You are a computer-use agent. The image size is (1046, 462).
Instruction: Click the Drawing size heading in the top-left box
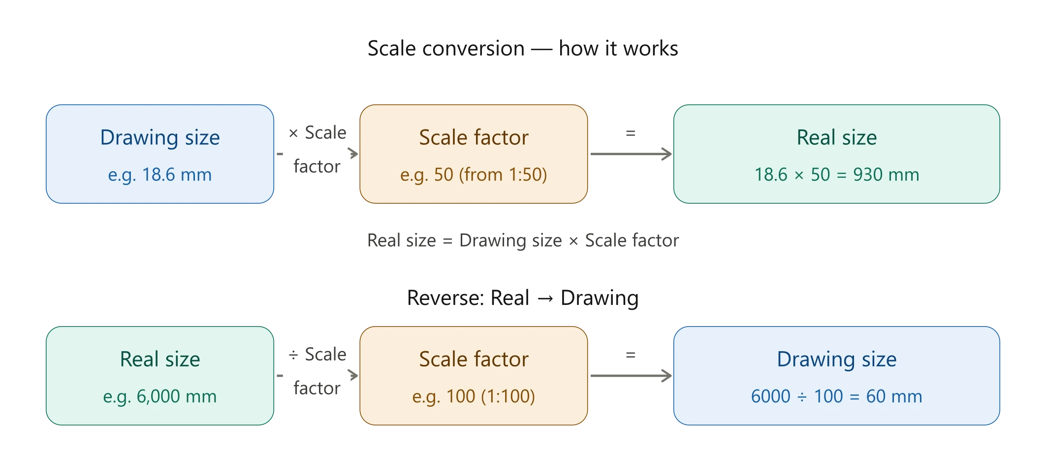160,137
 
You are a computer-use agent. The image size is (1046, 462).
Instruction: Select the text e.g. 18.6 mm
160,175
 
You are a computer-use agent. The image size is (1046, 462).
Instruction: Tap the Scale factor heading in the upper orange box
474,137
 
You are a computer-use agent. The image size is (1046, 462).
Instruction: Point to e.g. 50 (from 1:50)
474,175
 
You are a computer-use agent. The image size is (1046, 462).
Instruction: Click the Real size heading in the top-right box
836,137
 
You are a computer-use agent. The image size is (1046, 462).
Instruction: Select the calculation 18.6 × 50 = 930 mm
836,175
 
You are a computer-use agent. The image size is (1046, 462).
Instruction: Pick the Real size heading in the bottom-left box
160,359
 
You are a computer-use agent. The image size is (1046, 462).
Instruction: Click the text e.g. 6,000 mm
160,396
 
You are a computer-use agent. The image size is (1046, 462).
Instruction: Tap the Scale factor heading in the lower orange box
474,359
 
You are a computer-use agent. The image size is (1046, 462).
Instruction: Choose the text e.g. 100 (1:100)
474,396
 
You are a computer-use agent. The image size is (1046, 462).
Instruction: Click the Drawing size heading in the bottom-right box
836,359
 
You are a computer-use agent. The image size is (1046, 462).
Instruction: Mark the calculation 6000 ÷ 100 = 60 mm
836,396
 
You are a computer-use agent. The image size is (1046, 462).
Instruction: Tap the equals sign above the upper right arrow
632,133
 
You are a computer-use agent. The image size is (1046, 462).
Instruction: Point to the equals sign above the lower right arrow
632,354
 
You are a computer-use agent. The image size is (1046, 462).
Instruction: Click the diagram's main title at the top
523,50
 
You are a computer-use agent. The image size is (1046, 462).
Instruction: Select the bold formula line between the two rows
523,241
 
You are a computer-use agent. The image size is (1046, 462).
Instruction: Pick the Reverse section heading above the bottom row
522,298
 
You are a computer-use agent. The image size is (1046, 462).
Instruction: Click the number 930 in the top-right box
868,175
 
